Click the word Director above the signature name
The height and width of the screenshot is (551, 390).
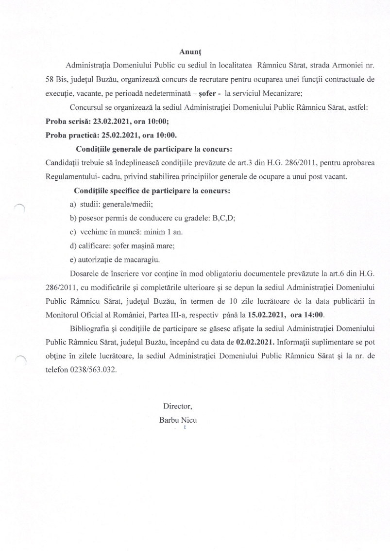pos(177,405)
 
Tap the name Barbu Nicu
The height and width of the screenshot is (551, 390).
pos(178,419)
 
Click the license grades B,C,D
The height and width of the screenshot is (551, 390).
pos(224,218)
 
